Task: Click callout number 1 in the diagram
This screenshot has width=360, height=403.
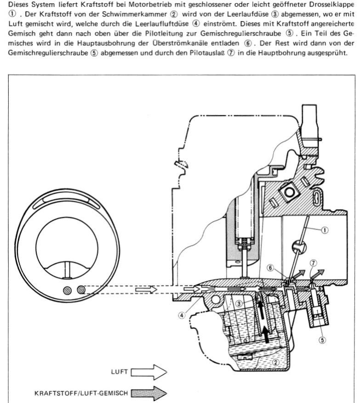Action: tap(325, 230)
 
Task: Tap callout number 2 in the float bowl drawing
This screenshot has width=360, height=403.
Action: tap(276, 363)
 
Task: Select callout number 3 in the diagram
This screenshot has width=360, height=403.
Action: tap(239, 304)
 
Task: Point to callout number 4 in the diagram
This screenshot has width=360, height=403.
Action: tap(182, 315)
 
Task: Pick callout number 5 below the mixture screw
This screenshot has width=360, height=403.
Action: tap(322, 340)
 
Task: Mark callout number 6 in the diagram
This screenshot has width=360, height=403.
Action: tap(270, 268)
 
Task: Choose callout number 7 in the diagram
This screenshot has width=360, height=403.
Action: tap(314, 263)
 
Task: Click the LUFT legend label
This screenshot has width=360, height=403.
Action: tap(120, 372)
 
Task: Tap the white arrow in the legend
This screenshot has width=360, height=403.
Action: tap(149, 372)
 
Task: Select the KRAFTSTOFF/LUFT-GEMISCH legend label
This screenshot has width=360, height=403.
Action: tap(81, 393)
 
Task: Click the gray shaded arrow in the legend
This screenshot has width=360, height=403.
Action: tap(149, 393)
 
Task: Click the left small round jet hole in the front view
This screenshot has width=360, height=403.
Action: tap(68, 291)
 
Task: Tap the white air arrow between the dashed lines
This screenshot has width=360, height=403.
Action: tap(146, 289)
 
